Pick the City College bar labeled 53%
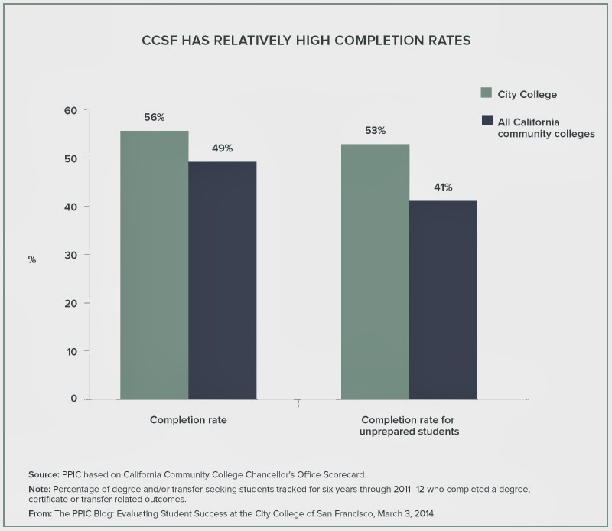coord(375,272)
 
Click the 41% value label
coord(443,187)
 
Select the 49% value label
coord(222,148)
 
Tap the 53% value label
coord(375,130)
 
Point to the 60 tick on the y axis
coord(70,110)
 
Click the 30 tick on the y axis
coord(70,255)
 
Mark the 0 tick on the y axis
coord(74,399)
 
